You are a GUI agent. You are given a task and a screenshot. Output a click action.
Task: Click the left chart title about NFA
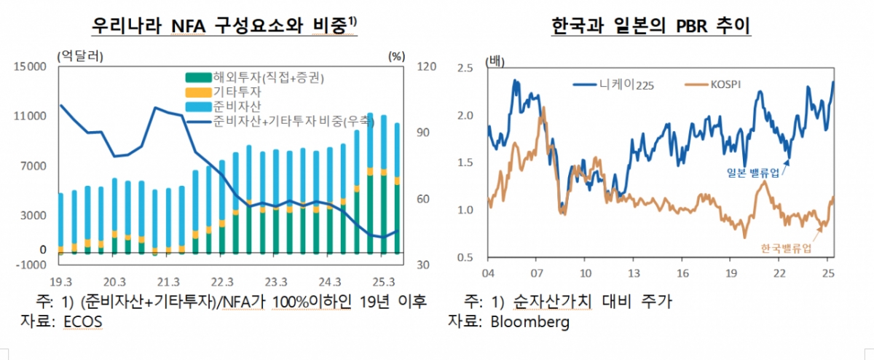pyautogui.click(x=224, y=27)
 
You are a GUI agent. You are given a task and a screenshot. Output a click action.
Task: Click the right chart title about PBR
pyautogui.click(x=651, y=27)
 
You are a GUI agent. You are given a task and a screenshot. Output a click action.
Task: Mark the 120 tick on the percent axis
pyautogui.click(x=425, y=67)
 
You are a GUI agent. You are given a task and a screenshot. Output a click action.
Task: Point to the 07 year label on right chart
pyautogui.click(x=537, y=274)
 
